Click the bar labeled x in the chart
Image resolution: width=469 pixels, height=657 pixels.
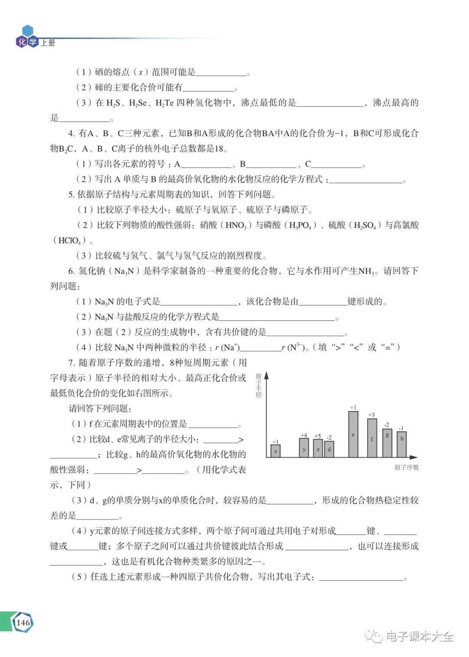275,451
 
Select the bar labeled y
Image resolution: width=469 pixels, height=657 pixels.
304,448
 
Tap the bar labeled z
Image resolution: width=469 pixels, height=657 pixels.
318,448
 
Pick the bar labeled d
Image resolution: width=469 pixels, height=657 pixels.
329,449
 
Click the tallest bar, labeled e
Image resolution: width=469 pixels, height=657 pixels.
353,434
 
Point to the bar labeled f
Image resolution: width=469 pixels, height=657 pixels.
372,438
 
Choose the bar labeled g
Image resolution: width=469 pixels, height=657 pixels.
387,443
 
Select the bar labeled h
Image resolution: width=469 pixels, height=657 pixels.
402,444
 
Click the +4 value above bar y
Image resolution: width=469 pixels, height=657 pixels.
304,435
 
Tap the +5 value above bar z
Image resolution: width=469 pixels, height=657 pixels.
317,436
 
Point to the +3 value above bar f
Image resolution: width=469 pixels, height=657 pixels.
371,415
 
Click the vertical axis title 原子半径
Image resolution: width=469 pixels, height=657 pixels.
258,385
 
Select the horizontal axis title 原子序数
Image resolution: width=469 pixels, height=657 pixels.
406,467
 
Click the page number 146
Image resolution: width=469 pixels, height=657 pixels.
23,623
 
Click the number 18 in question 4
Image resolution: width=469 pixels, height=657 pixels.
220,149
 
